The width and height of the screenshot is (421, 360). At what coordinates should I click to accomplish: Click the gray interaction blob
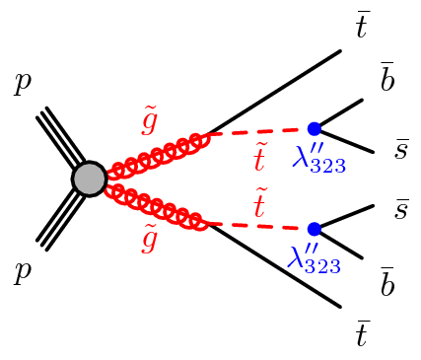[x=89, y=179]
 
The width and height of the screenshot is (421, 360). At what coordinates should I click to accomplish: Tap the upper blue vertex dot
[x=315, y=128]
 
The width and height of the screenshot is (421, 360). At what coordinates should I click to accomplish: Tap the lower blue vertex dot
[x=315, y=228]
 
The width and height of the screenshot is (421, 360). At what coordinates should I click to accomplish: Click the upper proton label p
[x=22, y=86]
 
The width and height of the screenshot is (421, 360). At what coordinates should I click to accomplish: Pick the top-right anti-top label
[x=362, y=27]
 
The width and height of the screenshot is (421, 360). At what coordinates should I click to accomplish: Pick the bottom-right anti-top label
[x=362, y=334]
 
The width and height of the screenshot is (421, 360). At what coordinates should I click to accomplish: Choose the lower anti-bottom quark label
[x=387, y=282]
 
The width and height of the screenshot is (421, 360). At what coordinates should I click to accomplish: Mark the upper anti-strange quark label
[x=402, y=149]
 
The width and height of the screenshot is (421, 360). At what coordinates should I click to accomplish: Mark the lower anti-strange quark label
[x=402, y=209]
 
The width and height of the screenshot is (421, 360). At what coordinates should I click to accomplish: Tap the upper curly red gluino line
[x=158, y=155]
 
